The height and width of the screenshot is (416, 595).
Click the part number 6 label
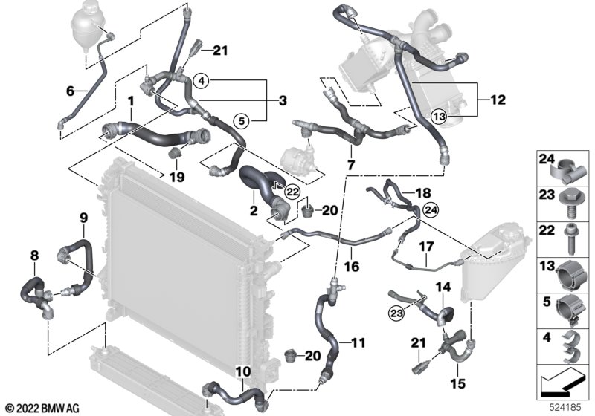pyautogui.click(x=70, y=91)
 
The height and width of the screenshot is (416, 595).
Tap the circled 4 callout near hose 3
pyautogui.click(x=202, y=80)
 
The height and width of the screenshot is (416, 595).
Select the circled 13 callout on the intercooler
pyautogui.click(x=439, y=117)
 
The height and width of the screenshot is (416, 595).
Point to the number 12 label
pyautogui.click(x=498, y=100)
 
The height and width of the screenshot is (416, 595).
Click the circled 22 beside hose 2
pyautogui.click(x=292, y=192)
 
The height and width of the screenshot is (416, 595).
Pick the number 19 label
pyautogui.click(x=176, y=177)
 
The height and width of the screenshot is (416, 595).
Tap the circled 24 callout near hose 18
pyautogui.click(x=431, y=209)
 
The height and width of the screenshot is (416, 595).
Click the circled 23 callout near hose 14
pyautogui.click(x=396, y=313)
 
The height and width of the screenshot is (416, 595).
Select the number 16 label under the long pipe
pyautogui.click(x=351, y=267)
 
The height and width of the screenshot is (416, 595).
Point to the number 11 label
pyautogui.click(x=358, y=343)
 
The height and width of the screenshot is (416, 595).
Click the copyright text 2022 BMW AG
pyautogui.click(x=43, y=409)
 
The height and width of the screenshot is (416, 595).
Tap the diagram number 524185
pyautogui.click(x=565, y=408)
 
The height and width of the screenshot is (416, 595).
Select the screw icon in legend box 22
pyautogui.click(x=570, y=239)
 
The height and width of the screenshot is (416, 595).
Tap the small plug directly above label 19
pyautogui.click(x=175, y=153)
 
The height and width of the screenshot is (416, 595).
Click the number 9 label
pyautogui.click(x=84, y=218)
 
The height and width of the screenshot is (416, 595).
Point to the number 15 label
pyautogui.click(x=457, y=383)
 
